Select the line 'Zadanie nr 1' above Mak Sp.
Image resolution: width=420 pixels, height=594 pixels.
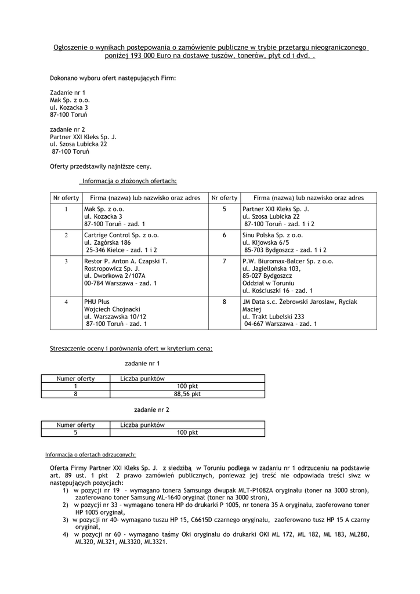(68, 92)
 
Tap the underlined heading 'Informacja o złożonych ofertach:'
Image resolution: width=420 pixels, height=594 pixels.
(129, 180)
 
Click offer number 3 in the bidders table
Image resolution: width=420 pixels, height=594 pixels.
(66, 262)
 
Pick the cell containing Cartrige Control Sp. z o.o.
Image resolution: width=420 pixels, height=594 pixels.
(121, 236)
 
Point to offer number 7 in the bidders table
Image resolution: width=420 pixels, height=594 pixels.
(224, 262)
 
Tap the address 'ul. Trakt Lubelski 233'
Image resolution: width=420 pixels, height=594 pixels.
(274, 317)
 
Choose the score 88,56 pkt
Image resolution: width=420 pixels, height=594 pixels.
(187, 394)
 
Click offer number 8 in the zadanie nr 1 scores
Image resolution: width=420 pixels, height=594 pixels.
(75, 394)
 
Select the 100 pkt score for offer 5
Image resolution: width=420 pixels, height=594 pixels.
(187, 433)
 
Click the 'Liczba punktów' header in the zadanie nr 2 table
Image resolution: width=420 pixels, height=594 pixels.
(143, 425)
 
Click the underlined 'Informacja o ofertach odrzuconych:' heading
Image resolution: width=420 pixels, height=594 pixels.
(90, 455)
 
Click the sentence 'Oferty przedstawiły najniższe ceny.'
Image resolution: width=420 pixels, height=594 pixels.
(101, 166)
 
